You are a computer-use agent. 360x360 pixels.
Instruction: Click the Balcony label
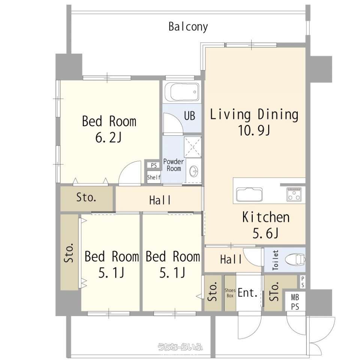[x=188, y=27]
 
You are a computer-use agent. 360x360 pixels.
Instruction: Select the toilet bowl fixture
[x=295, y=259]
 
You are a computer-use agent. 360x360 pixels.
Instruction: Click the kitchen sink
[x=249, y=195]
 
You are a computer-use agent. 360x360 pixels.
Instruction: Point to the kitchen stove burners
[x=294, y=194]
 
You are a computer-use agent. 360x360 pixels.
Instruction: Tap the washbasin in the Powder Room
[x=194, y=171]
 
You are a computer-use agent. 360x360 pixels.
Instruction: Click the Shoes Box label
[x=230, y=293]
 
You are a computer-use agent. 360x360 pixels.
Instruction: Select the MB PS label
[x=295, y=302]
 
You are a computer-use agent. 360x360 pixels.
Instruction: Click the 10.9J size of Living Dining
[x=254, y=130]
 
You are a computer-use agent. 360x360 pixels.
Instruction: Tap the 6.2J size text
[x=108, y=138]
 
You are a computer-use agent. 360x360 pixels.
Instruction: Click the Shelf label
[x=154, y=177]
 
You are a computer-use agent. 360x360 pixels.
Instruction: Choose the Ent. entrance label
[x=247, y=293]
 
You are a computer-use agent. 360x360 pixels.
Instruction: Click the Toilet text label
[x=275, y=260]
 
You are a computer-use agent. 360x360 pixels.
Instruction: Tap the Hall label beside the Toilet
[x=231, y=259]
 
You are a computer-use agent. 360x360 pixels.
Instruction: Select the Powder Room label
[x=174, y=165]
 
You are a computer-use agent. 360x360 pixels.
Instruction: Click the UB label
[x=189, y=116]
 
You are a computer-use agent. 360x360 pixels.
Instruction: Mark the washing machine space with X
[x=193, y=147]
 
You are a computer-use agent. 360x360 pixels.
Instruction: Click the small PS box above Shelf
[x=154, y=165]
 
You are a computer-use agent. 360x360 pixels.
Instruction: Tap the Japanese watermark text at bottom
[x=180, y=346]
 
